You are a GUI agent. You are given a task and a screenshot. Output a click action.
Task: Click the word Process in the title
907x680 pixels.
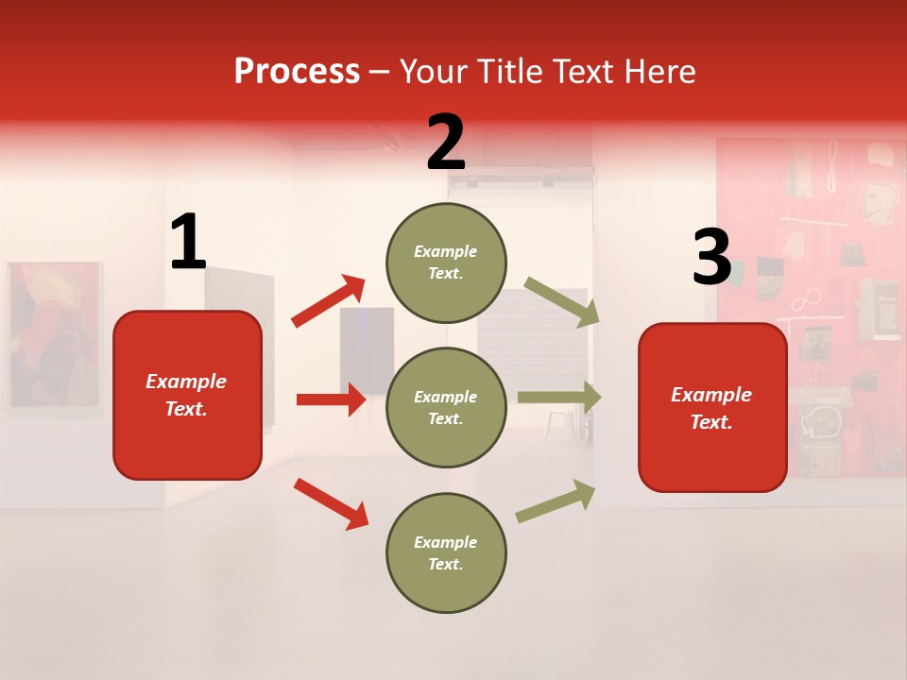pyautogui.click(x=297, y=72)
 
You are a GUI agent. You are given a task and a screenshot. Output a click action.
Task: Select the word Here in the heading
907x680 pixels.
pyautogui.click(x=658, y=72)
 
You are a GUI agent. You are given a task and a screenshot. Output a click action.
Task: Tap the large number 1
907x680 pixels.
pyautogui.click(x=188, y=243)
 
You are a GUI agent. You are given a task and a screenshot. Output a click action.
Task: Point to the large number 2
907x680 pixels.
pyautogui.click(x=446, y=143)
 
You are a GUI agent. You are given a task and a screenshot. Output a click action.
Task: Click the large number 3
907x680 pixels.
pyautogui.click(x=711, y=258)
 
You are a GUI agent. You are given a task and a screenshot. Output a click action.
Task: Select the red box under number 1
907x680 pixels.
pyautogui.click(x=187, y=395)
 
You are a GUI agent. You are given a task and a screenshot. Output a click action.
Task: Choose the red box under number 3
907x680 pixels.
pyautogui.click(x=712, y=407)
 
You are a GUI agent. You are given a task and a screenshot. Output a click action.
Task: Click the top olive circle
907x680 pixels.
pyautogui.click(x=446, y=263)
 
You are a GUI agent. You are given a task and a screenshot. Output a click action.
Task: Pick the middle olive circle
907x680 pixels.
pyautogui.click(x=446, y=407)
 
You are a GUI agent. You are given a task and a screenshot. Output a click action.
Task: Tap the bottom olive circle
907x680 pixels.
pyautogui.click(x=446, y=552)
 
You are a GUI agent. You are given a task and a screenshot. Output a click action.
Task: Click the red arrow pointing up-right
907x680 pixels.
pyautogui.click(x=329, y=301)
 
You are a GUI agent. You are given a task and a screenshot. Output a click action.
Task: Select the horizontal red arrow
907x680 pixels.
pyautogui.click(x=331, y=399)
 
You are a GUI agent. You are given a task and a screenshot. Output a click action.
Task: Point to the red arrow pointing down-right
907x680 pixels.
pyautogui.click(x=331, y=503)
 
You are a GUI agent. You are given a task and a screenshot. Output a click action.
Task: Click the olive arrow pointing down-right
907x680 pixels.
pyautogui.click(x=562, y=302)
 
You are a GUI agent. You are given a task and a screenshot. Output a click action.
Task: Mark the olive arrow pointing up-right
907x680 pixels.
pyautogui.click(x=556, y=501)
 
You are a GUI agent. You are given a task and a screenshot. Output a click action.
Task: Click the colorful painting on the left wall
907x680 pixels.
pyautogui.click(x=54, y=335)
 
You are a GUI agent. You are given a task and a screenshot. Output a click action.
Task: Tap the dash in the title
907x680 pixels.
pyautogui.click(x=380, y=73)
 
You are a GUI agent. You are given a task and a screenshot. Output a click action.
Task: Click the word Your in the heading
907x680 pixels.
pyautogui.click(x=436, y=72)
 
